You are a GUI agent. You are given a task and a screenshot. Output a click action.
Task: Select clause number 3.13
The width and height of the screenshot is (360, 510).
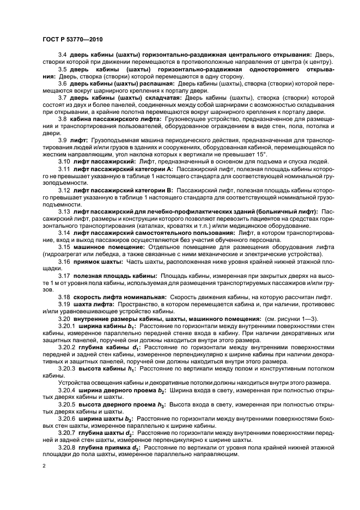click(x=64, y=211)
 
